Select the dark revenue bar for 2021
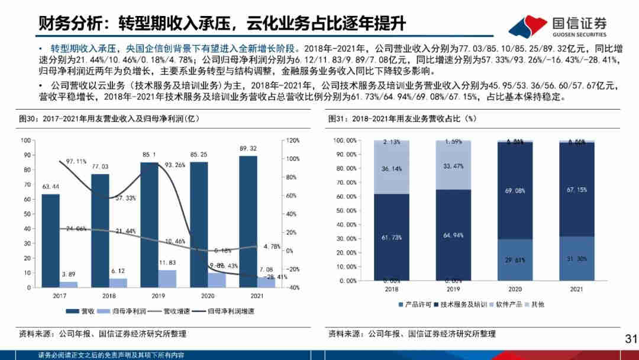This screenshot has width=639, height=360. tap(248, 221)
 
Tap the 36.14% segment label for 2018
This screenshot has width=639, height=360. tap(391, 169)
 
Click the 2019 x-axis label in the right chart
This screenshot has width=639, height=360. tap(453, 290)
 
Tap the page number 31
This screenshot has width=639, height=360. tap(630, 339)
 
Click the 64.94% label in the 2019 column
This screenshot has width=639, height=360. tap(453, 235)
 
